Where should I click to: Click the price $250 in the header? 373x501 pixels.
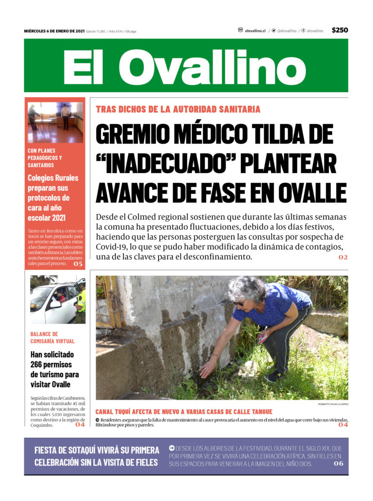(339, 30)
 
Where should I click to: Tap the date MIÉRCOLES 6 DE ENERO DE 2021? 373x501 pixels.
(54, 31)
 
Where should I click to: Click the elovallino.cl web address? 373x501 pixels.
(255, 31)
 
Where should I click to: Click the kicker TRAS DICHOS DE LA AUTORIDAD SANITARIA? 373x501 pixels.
(178, 110)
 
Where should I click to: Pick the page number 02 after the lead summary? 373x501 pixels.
(343, 257)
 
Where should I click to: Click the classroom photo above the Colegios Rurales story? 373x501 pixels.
(55, 122)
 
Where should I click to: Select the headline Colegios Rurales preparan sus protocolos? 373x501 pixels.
(52, 198)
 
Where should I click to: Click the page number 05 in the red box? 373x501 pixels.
(78, 264)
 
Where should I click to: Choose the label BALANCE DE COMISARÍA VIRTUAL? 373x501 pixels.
(52, 338)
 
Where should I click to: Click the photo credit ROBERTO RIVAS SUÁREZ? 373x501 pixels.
(333, 404)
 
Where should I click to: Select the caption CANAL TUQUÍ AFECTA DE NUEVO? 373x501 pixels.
(184, 412)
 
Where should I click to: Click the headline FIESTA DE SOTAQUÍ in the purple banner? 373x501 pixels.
(97, 456)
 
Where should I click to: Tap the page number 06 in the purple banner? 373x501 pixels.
(338, 464)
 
